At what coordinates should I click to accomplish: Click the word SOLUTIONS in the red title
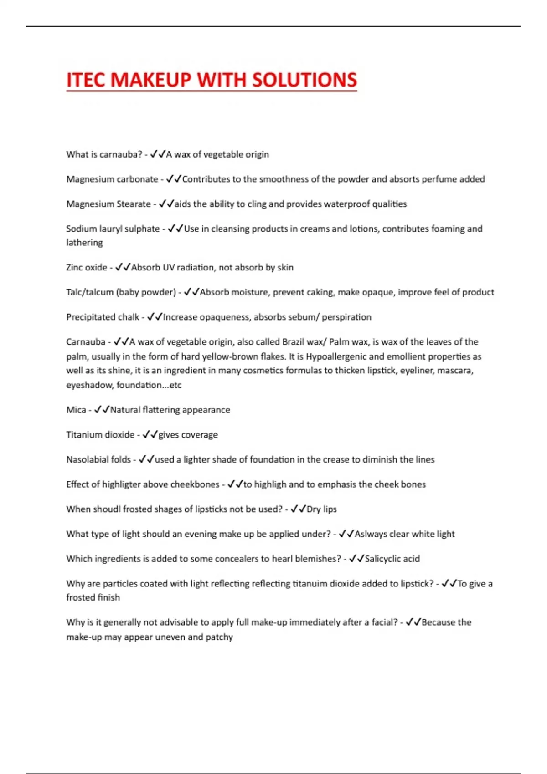(304, 80)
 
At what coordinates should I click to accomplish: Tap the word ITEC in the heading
(86, 80)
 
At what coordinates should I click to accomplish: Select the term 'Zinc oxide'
(87, 267)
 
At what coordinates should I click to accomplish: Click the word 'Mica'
(76, 410)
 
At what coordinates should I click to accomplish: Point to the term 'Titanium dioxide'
(100, 435)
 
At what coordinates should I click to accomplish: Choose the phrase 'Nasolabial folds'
(98, 459)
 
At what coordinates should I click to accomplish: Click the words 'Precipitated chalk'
(103, 317)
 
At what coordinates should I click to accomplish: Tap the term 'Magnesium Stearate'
(108, 204)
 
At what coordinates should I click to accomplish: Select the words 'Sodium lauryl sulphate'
(113, 229)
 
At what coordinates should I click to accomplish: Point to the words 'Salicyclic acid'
(392, 559)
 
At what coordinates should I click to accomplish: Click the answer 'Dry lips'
(321, 509)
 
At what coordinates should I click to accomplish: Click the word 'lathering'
(84, 243)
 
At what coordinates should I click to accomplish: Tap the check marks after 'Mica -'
(102, 410)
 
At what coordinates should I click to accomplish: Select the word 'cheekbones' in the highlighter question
(195, 484)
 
